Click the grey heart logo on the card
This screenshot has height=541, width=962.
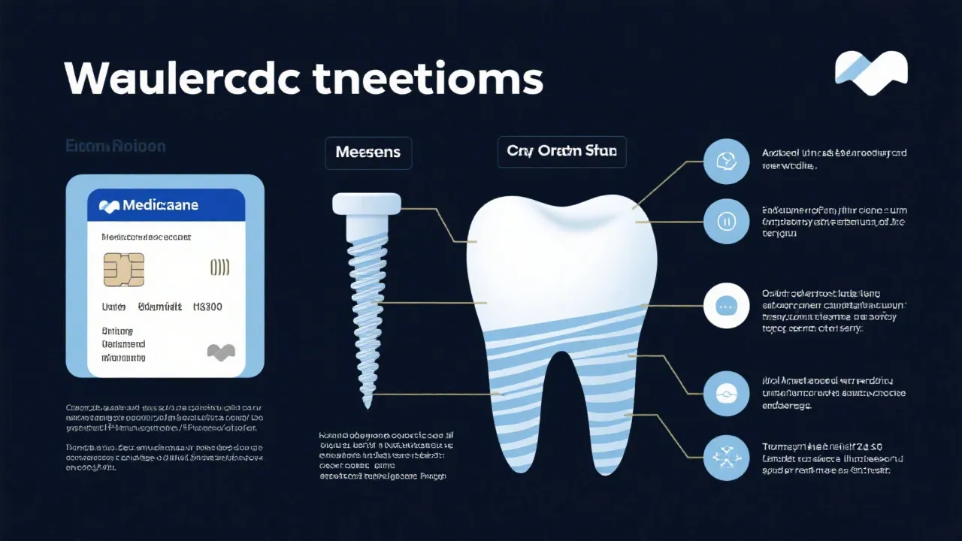221,351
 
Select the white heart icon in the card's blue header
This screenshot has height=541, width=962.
109,205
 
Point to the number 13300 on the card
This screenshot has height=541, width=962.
207,307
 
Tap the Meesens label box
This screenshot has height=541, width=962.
368,153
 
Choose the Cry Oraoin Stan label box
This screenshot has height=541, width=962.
561,152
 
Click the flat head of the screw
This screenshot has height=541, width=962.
367,204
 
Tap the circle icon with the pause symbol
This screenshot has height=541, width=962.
726,222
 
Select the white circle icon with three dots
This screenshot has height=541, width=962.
726,306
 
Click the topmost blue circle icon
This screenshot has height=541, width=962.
726,161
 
